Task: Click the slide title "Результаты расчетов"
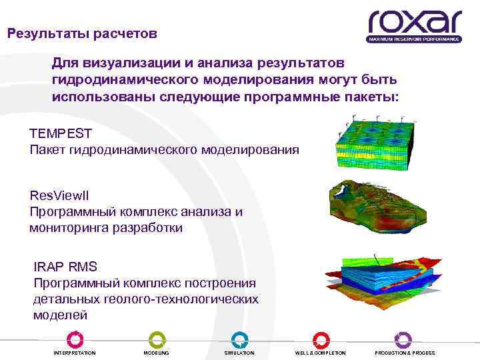click(x=82, y=33)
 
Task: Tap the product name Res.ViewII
click(x=59, y=195)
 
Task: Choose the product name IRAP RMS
click(x=65, y=267)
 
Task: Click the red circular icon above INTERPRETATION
click(x=75, y=339)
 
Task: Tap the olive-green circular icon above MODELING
click(x=157, y=339)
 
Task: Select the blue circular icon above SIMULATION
click(x=239, y=339)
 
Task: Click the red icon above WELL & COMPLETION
click(x=321, y=339)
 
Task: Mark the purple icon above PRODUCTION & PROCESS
click(x=403, y=339)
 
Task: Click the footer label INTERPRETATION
click(x=75, y=353)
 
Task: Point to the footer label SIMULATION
click(x=239, y=353)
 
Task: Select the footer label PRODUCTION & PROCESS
click(x=405, y=353)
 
